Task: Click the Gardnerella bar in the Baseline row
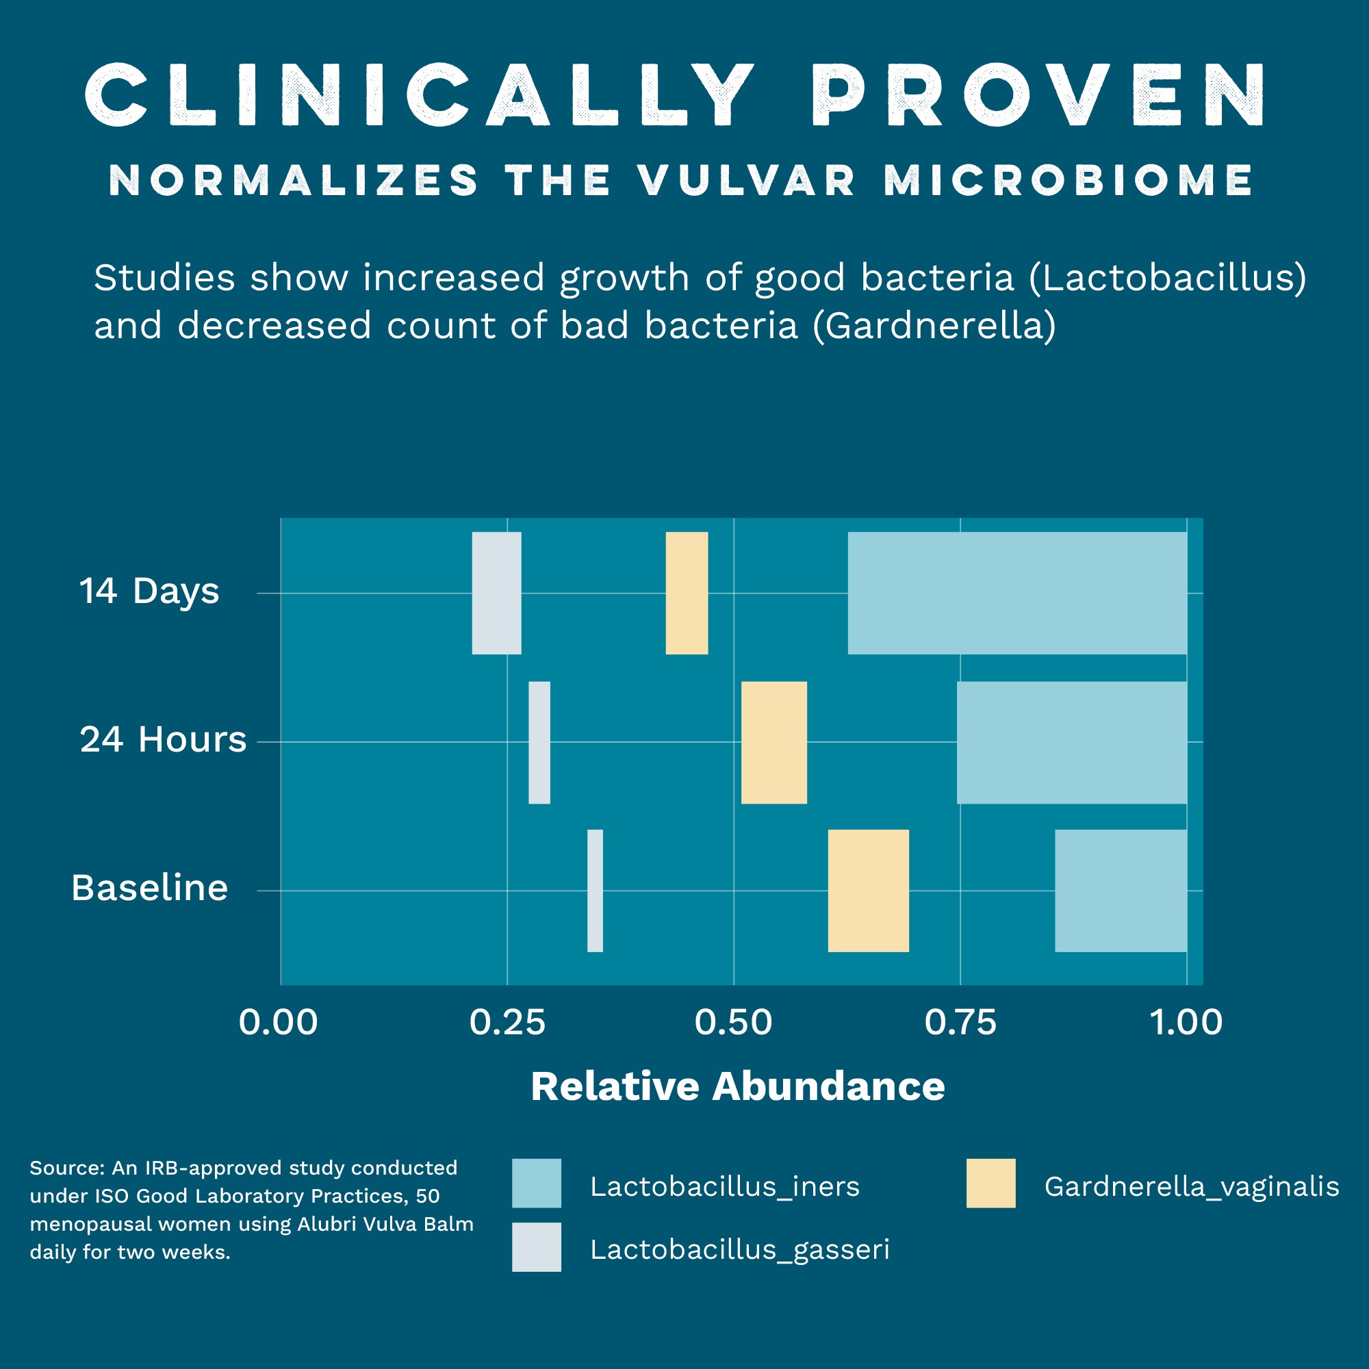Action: pos(868,891)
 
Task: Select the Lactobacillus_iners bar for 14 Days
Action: pos(1017,593)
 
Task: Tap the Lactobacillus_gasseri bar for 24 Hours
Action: pos(539,743)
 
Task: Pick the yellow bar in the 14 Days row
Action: pos(687,593)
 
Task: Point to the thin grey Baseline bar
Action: pos(596,891)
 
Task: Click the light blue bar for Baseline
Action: pos(1121,891)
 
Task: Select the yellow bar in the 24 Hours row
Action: pos(773,743)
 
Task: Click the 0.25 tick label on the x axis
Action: pos(507,1023)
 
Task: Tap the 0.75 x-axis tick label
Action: pos(960,1023)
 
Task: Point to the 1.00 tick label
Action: pos(1186,1023)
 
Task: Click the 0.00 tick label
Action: pos(279,1023)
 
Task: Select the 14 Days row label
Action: pos(149,591)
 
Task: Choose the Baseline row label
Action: pos(149,888)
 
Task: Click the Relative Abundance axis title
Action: pos(738,1086)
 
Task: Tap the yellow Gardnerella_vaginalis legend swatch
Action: pos(990,1184)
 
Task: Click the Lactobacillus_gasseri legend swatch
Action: pos(537,1247)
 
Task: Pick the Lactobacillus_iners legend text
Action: pos(725,1186)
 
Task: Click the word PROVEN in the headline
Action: pos(1039,96)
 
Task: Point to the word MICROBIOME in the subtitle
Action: pos(1069,180)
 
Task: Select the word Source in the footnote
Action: pos(67,1168)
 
